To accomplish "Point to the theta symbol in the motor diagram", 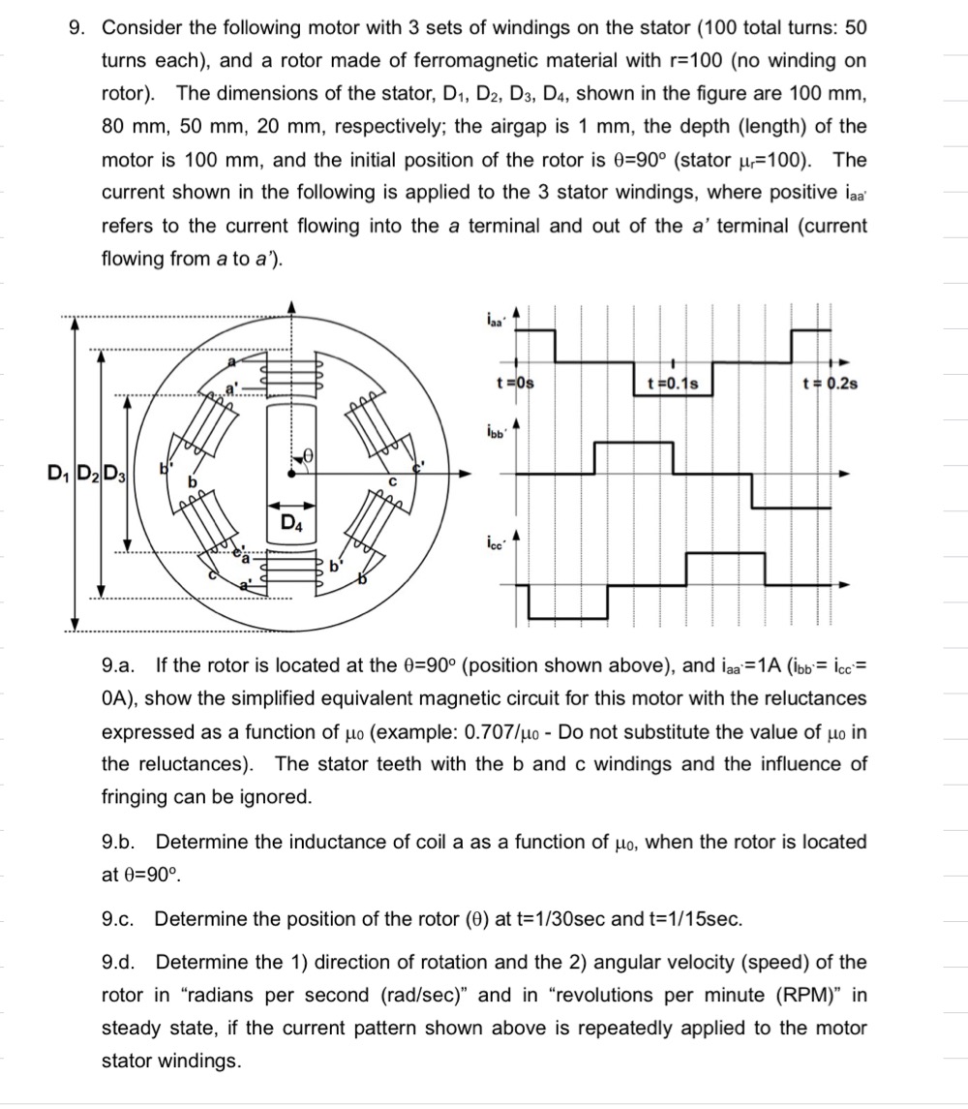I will point(309,453).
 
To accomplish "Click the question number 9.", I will point(76,28).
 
